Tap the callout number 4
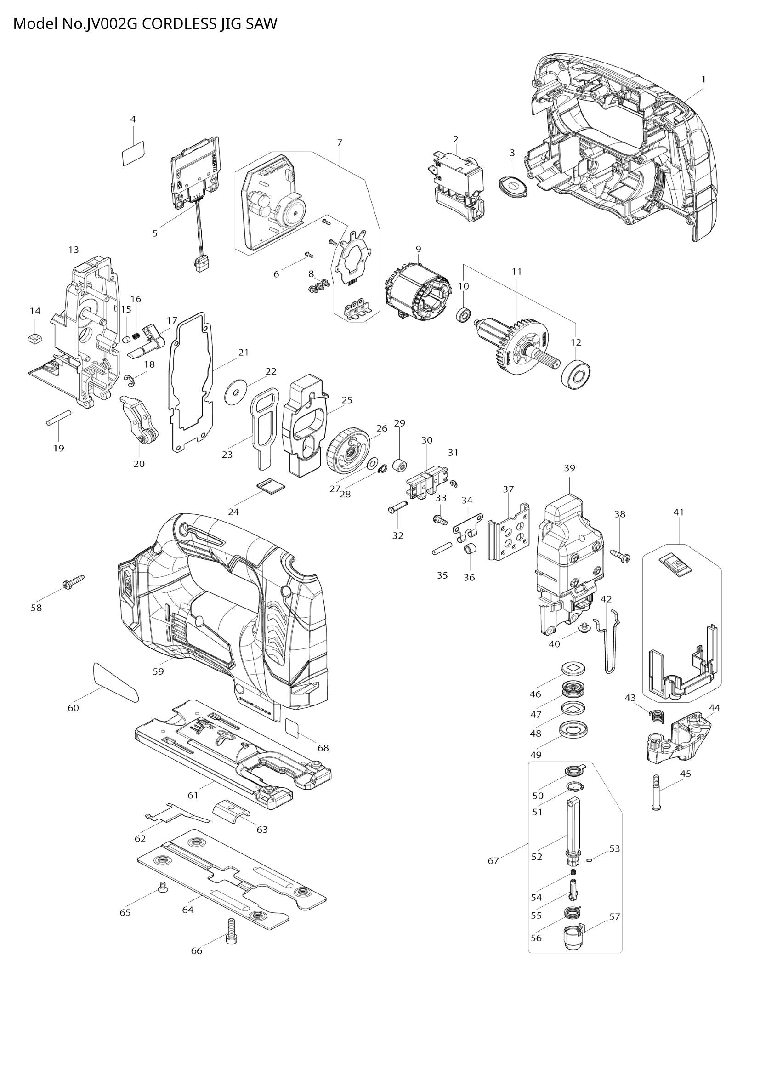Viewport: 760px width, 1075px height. coord(133,119)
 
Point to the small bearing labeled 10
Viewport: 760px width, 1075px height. coord(463,315)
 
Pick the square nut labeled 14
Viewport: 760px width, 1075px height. coord(35,337)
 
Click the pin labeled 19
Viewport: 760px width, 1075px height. coord(58,418)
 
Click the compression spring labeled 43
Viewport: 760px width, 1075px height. coord(657,717)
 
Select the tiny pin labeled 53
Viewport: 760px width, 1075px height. coord(590,859)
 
